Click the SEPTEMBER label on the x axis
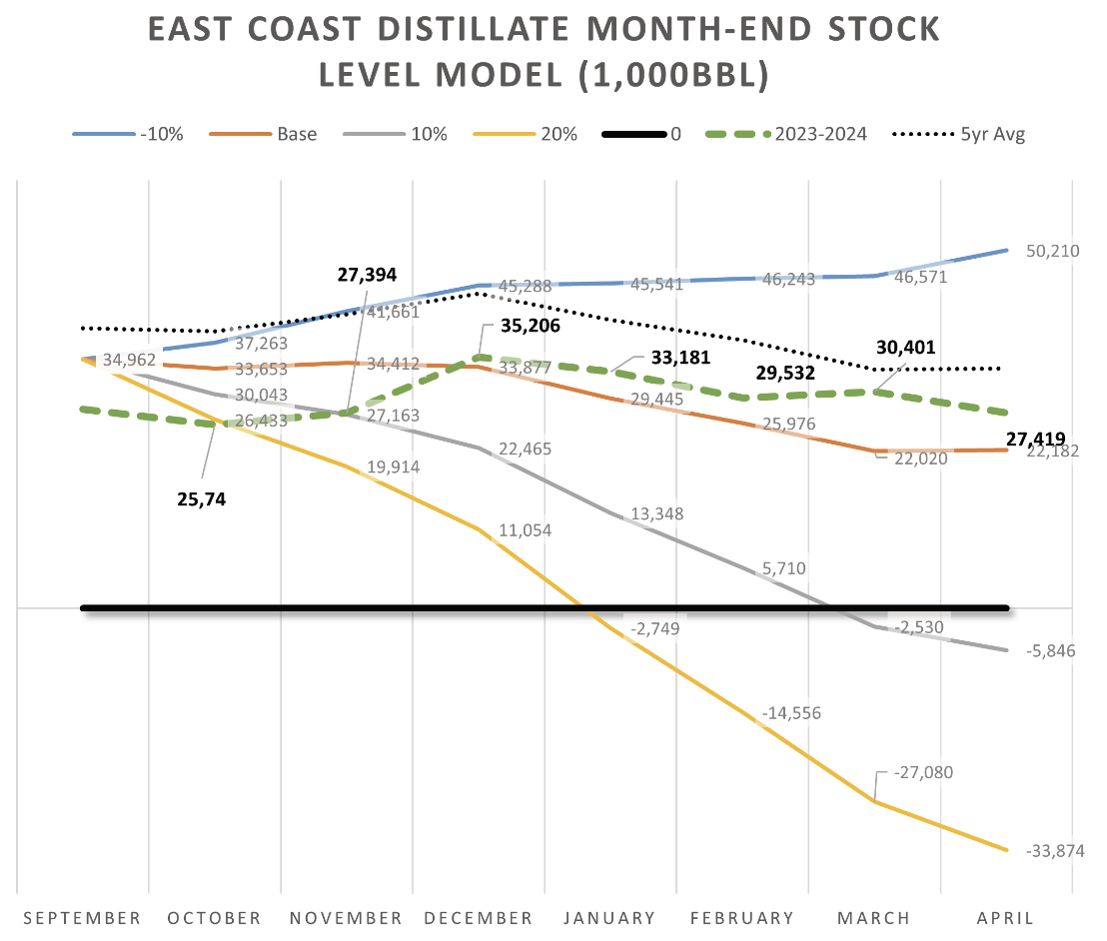point(82,918)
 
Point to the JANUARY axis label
point(609,918)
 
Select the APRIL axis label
point(1005,918)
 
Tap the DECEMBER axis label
point(478,918)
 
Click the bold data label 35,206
point(531,326)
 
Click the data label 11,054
point(525,530)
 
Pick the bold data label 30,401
point(905,348)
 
